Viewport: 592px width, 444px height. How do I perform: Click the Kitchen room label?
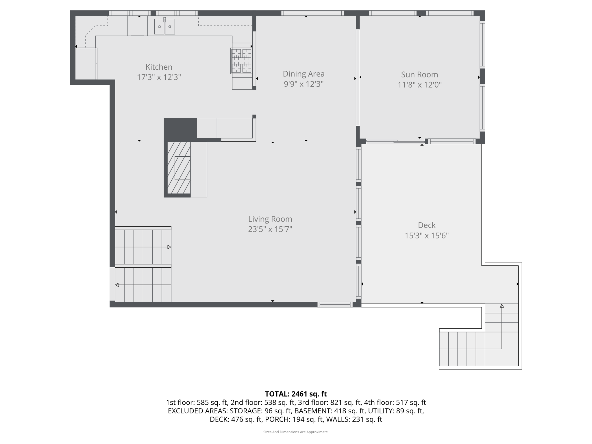(x=159, y=67)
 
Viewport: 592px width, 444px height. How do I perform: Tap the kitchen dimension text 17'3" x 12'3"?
(x=159, y=77)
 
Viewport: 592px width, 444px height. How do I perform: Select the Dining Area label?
(x=304, y=74)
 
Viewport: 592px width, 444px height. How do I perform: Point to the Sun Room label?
(x=419, y=75)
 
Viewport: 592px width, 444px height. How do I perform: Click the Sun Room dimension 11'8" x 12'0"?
(x=419, y=85)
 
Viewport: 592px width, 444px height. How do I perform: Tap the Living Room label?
(x=270, y=219)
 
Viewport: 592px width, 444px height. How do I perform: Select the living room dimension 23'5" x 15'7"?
(x=270, y=230)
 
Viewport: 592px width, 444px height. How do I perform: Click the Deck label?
(x=426, y=225)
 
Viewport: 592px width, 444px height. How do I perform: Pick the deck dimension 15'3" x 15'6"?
(x=426, y=236)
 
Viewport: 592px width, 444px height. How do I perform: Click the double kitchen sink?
(x=164, y=27)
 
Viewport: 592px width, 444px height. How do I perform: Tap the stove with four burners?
(x=241, y=61)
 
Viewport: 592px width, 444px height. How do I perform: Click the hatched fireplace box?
(x=179, y=168)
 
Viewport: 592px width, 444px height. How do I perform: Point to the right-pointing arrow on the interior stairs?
(x=169, y=247)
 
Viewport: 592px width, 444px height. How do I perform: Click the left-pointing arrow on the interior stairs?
(x=117, y=285)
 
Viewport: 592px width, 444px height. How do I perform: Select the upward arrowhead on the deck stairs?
(x=502, y=306)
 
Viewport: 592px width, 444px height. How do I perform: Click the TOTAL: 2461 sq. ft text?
(x=296, y=394)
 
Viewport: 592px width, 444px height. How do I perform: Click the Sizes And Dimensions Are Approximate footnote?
(x=296, y=432)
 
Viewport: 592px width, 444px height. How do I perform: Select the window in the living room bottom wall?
(x=335, y=304)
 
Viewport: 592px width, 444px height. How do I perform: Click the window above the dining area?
(x=312, y=13)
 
